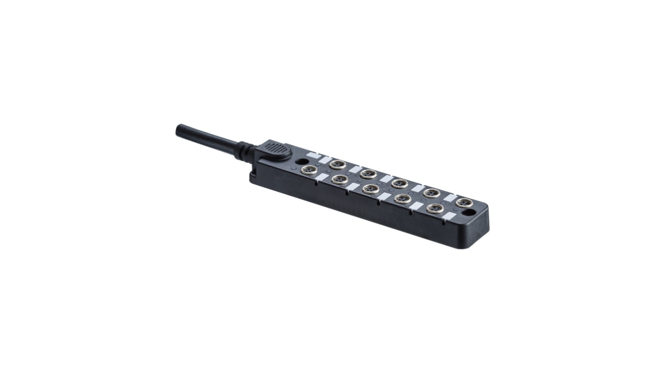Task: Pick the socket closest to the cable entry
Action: pos(309,170)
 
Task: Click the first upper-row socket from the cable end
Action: pos(337,164)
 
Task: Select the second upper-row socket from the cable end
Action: pos(368,174)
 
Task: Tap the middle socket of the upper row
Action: pos(399,183)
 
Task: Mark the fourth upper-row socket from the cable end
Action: pos(431,193)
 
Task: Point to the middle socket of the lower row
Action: pos(371,189)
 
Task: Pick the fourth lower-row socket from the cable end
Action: pos(403,199)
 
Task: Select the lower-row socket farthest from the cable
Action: pos(435,208)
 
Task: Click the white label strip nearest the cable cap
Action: pos(314,155)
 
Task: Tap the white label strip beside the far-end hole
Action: pos(449,216)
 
